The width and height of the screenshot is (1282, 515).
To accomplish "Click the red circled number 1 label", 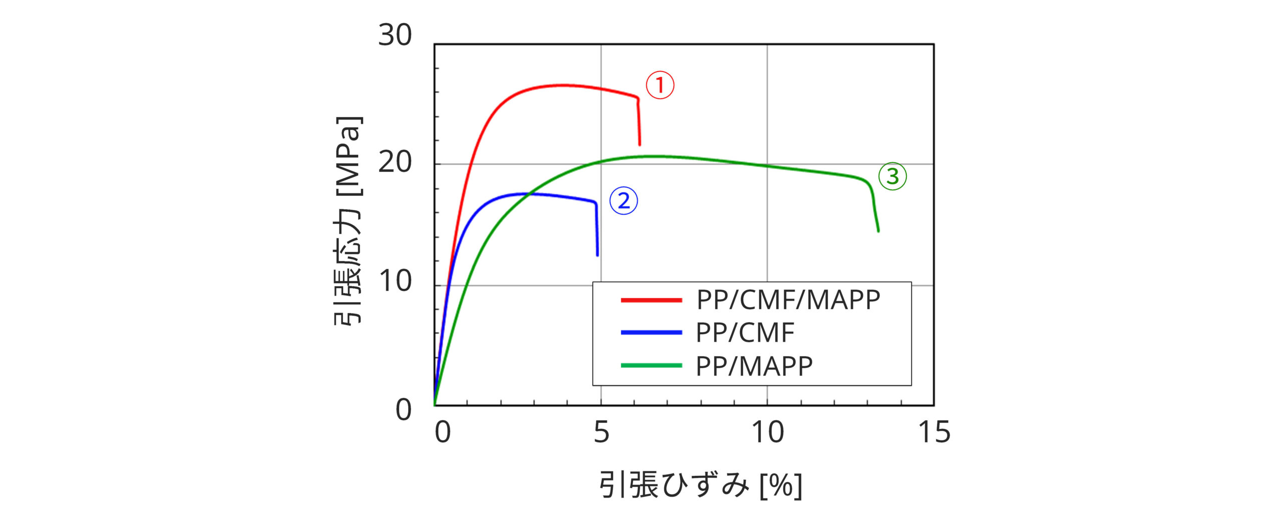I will point(660,85).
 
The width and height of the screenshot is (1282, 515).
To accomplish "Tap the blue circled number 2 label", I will point(623,201).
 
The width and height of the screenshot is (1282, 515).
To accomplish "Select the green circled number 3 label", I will point(892,176).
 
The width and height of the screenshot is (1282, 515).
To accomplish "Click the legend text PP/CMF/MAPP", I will point(788,300).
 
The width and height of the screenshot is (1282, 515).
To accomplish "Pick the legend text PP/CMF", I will point(745,333).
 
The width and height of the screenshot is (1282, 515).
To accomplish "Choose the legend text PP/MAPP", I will point(754,366).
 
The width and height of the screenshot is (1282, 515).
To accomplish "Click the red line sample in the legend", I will point(651,300).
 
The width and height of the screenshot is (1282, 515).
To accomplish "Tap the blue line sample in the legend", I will point(651,333).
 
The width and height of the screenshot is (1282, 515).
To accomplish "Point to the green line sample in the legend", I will point(651,366).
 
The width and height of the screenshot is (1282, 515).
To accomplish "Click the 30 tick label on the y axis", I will point(395,36).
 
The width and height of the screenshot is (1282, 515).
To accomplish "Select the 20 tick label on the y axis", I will point(395,162).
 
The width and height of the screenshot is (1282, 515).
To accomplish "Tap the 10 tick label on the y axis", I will point(395,282).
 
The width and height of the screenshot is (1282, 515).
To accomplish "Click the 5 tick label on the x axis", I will point(601,432).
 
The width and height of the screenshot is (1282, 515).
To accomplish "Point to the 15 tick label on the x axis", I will point(933,432).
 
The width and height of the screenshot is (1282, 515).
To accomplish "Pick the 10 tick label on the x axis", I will point(767,432).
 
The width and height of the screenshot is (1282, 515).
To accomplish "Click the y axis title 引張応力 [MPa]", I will point(348,220).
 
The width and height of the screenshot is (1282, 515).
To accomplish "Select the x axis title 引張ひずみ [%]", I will point(700,485).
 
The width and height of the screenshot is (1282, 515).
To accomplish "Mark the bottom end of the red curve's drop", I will point(639,145).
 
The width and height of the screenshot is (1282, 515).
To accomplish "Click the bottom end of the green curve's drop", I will point(878,231).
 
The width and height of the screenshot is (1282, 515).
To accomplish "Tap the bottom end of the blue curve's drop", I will point(597,255).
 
